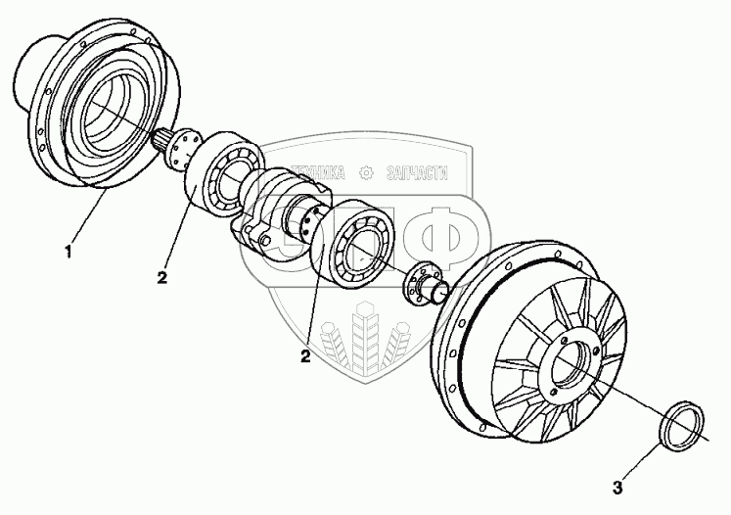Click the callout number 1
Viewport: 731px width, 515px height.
pos(69,254)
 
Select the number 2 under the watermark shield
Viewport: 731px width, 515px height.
pos(306,356)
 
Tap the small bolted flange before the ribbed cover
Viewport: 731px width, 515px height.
pos(423,283)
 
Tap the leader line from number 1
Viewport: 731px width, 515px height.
pos(87,219)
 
